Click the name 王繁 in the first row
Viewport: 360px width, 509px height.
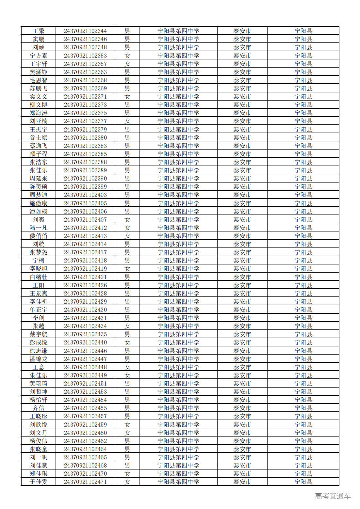click(x=39, y=31)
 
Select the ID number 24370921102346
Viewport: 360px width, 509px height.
click(x=85, y=39)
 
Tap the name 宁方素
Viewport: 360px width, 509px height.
click(x=39, y=56)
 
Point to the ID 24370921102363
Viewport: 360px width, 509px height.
click(x=85, y=72)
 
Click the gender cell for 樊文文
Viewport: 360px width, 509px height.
click(x=127, y=97)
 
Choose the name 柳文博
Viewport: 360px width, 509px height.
click(x=39, y=105)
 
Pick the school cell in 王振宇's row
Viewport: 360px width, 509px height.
click(x=178, y=130)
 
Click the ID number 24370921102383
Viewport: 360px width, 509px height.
click(x=85, y=146)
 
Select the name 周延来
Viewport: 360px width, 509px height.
click(x=39, y=179)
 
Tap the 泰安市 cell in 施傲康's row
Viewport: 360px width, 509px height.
click(x=242, y=203)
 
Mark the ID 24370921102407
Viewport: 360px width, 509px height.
click(x=85, y=220)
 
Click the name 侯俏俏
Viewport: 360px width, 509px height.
click(x=39, y=236)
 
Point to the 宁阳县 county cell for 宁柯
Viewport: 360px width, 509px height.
click(x=303, y=261)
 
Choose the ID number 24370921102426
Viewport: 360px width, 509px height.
click(x=85, y=285)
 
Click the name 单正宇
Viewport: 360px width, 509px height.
click(x=39, y=310)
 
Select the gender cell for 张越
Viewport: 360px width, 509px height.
click(x=127, y=326)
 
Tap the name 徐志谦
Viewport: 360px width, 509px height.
click(x=39, y=351)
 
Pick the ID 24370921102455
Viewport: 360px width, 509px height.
click(x=85, y=408)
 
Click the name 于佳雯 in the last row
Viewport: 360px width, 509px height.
click(x=39, y=482)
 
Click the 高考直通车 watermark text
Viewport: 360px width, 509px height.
click(x=333, y=496)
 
